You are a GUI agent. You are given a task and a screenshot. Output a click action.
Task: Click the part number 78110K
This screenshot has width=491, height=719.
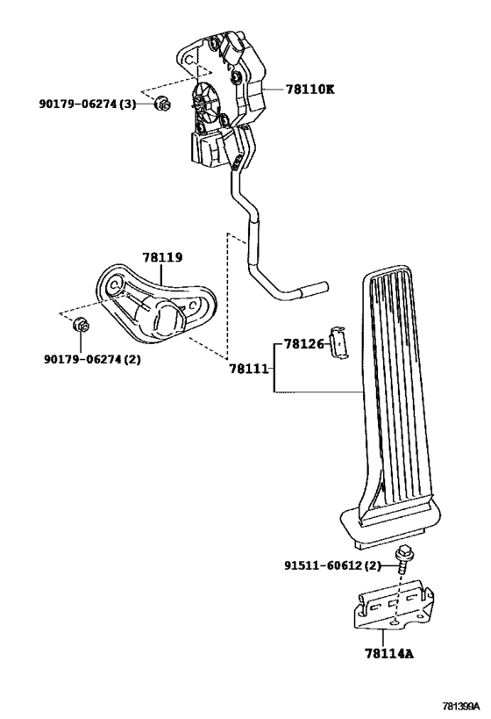310,89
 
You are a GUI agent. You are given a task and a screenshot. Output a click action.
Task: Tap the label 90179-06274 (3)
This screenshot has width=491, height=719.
88,104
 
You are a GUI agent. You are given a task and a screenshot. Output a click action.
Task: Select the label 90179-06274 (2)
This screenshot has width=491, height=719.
93,359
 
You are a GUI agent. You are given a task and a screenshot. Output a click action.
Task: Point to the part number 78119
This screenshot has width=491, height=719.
162,257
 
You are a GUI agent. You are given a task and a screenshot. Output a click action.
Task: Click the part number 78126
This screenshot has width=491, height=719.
303,343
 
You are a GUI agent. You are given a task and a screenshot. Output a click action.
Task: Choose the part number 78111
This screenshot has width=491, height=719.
249,368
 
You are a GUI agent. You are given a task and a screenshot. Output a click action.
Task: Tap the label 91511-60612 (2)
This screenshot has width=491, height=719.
332,566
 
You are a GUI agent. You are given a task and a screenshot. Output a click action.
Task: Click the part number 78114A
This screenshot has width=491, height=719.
389,653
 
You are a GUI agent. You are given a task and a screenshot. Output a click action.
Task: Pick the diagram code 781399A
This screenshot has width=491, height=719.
460,705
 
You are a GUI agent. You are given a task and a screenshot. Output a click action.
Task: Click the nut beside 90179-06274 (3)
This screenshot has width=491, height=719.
162,104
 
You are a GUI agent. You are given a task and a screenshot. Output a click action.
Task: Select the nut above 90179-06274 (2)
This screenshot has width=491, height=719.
81,325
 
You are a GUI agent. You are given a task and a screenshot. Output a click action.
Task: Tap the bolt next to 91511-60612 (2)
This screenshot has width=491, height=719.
402,559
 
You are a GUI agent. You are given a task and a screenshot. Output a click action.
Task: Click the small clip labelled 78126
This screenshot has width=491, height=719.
339,342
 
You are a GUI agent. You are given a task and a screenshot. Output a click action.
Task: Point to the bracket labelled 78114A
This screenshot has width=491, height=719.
393,604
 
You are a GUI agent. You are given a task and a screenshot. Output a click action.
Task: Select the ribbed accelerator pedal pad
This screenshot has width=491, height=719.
393,404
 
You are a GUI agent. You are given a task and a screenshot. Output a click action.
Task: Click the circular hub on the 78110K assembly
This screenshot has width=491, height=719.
205,97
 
